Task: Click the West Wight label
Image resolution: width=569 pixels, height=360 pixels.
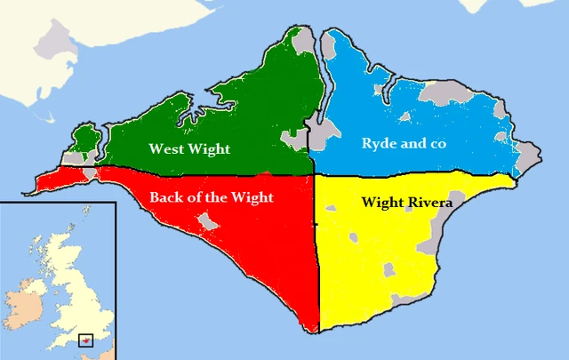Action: (x=189, y=149)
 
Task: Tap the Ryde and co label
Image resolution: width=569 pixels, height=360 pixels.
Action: (x=403, y=143)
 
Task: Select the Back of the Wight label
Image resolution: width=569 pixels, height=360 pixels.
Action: (x=212, y=196)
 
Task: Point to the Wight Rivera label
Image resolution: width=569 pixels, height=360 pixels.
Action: (x=407, y=203)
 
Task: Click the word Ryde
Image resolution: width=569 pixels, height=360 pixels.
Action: (x=379, y=144)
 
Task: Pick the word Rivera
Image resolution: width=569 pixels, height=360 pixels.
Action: (x=429, y=203)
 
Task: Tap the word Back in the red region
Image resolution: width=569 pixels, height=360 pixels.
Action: (x=166, y=196)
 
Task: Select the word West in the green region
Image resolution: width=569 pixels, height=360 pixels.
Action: (x=166, y=149)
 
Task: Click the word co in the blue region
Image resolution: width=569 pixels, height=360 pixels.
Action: (x=436, y=143)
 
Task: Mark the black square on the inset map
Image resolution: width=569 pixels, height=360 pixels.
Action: (x=86, y=339)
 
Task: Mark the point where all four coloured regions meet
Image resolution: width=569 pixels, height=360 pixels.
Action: (x=314, y=173)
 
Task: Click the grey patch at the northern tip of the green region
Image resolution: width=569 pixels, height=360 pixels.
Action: (x=303, y=38)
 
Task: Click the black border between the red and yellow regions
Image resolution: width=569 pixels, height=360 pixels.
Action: (x=318, y=258)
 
